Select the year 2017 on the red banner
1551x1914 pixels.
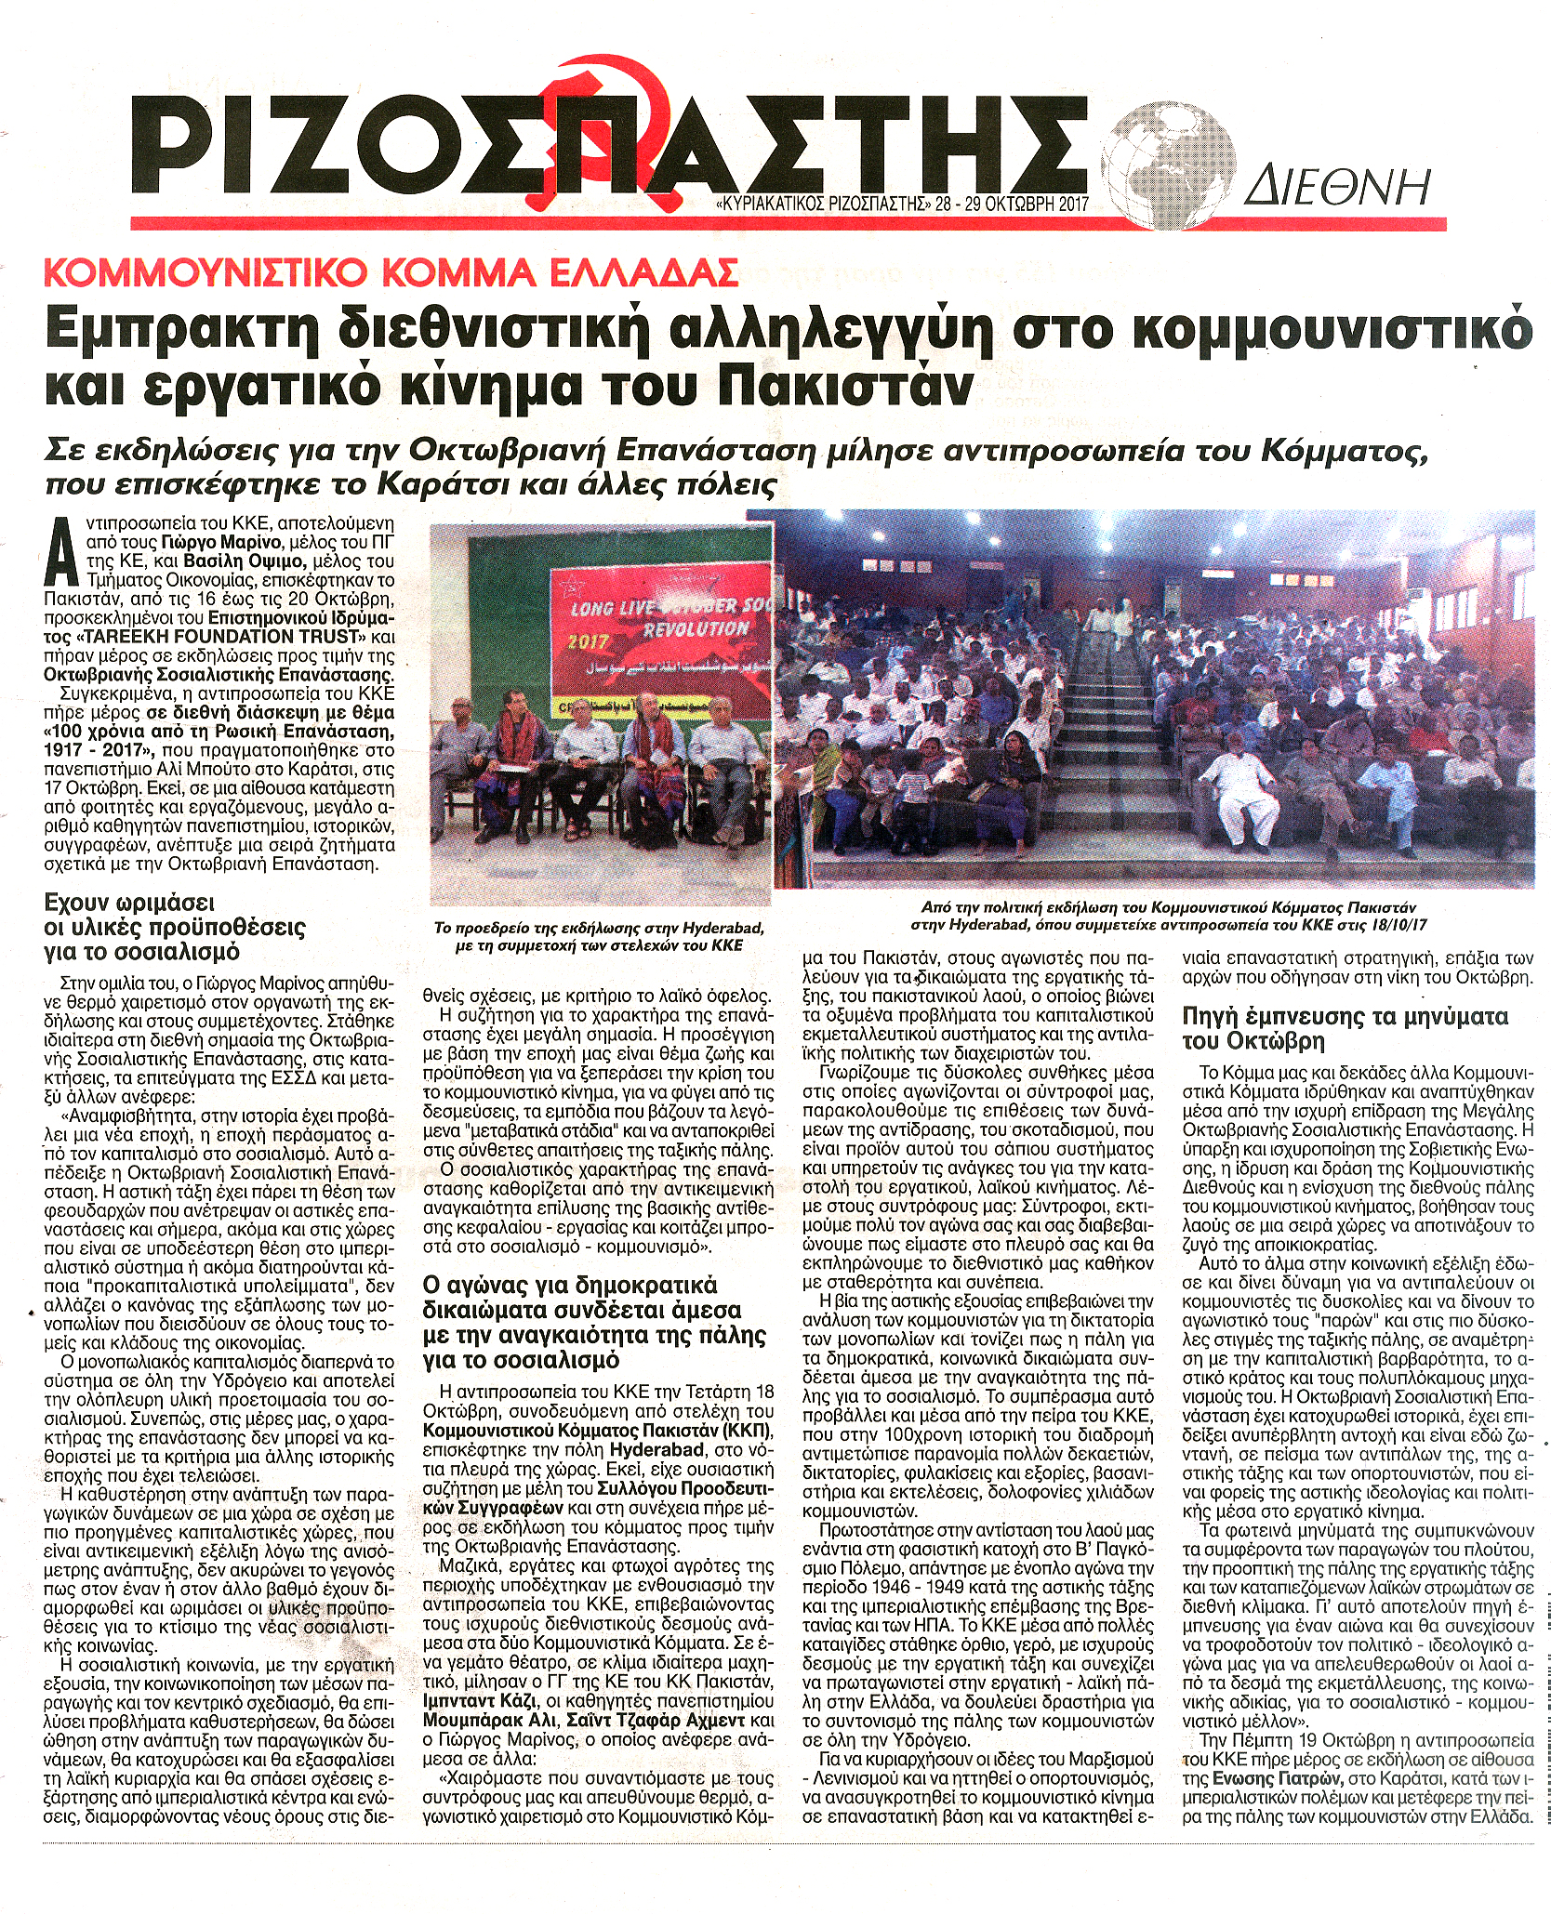588,642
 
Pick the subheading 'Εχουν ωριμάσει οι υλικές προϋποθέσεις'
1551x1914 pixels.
175,927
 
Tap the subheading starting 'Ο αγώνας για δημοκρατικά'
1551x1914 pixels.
594,1323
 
